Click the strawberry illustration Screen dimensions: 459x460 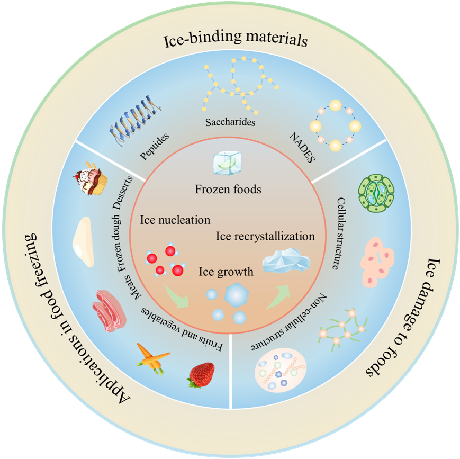(201, 374)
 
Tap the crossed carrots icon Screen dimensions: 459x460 (154, 358)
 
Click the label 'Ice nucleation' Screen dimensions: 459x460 (175, 219)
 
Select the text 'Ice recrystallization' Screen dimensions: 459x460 (266, 236)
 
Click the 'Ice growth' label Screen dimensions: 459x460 (226, 272)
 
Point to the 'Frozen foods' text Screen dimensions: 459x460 (228, 189)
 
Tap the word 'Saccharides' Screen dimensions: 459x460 (230, 122)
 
